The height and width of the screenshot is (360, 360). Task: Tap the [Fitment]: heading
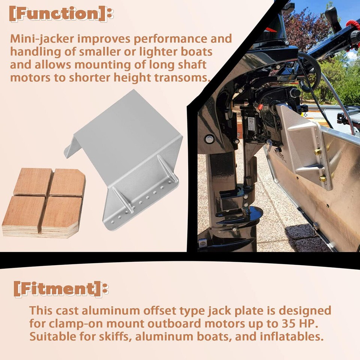tap(61, 289)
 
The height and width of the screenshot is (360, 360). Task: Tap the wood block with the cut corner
tap(67, 183)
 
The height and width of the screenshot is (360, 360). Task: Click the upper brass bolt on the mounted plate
tap(317, 151)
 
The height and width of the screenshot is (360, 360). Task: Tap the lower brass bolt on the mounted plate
tap(322, 178)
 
